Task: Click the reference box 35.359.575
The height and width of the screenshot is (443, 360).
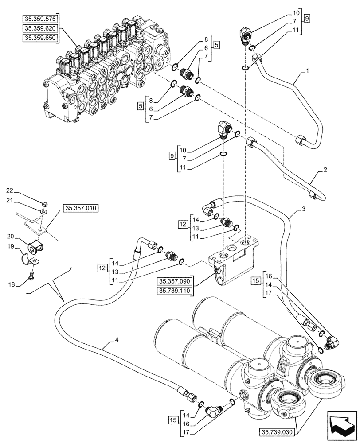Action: coord(40,18)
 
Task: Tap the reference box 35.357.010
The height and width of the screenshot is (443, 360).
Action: coord(82,207)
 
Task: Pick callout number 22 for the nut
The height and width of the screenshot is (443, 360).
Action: coord(22,191)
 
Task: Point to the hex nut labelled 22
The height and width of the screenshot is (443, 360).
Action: coord(45,204)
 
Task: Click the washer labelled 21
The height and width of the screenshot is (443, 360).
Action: coord(43,213)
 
